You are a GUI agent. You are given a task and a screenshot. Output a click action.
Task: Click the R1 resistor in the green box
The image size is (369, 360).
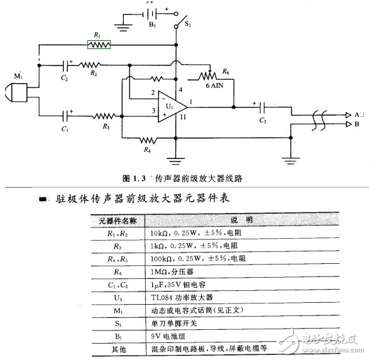pyautogui.click(x=99, y=45)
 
